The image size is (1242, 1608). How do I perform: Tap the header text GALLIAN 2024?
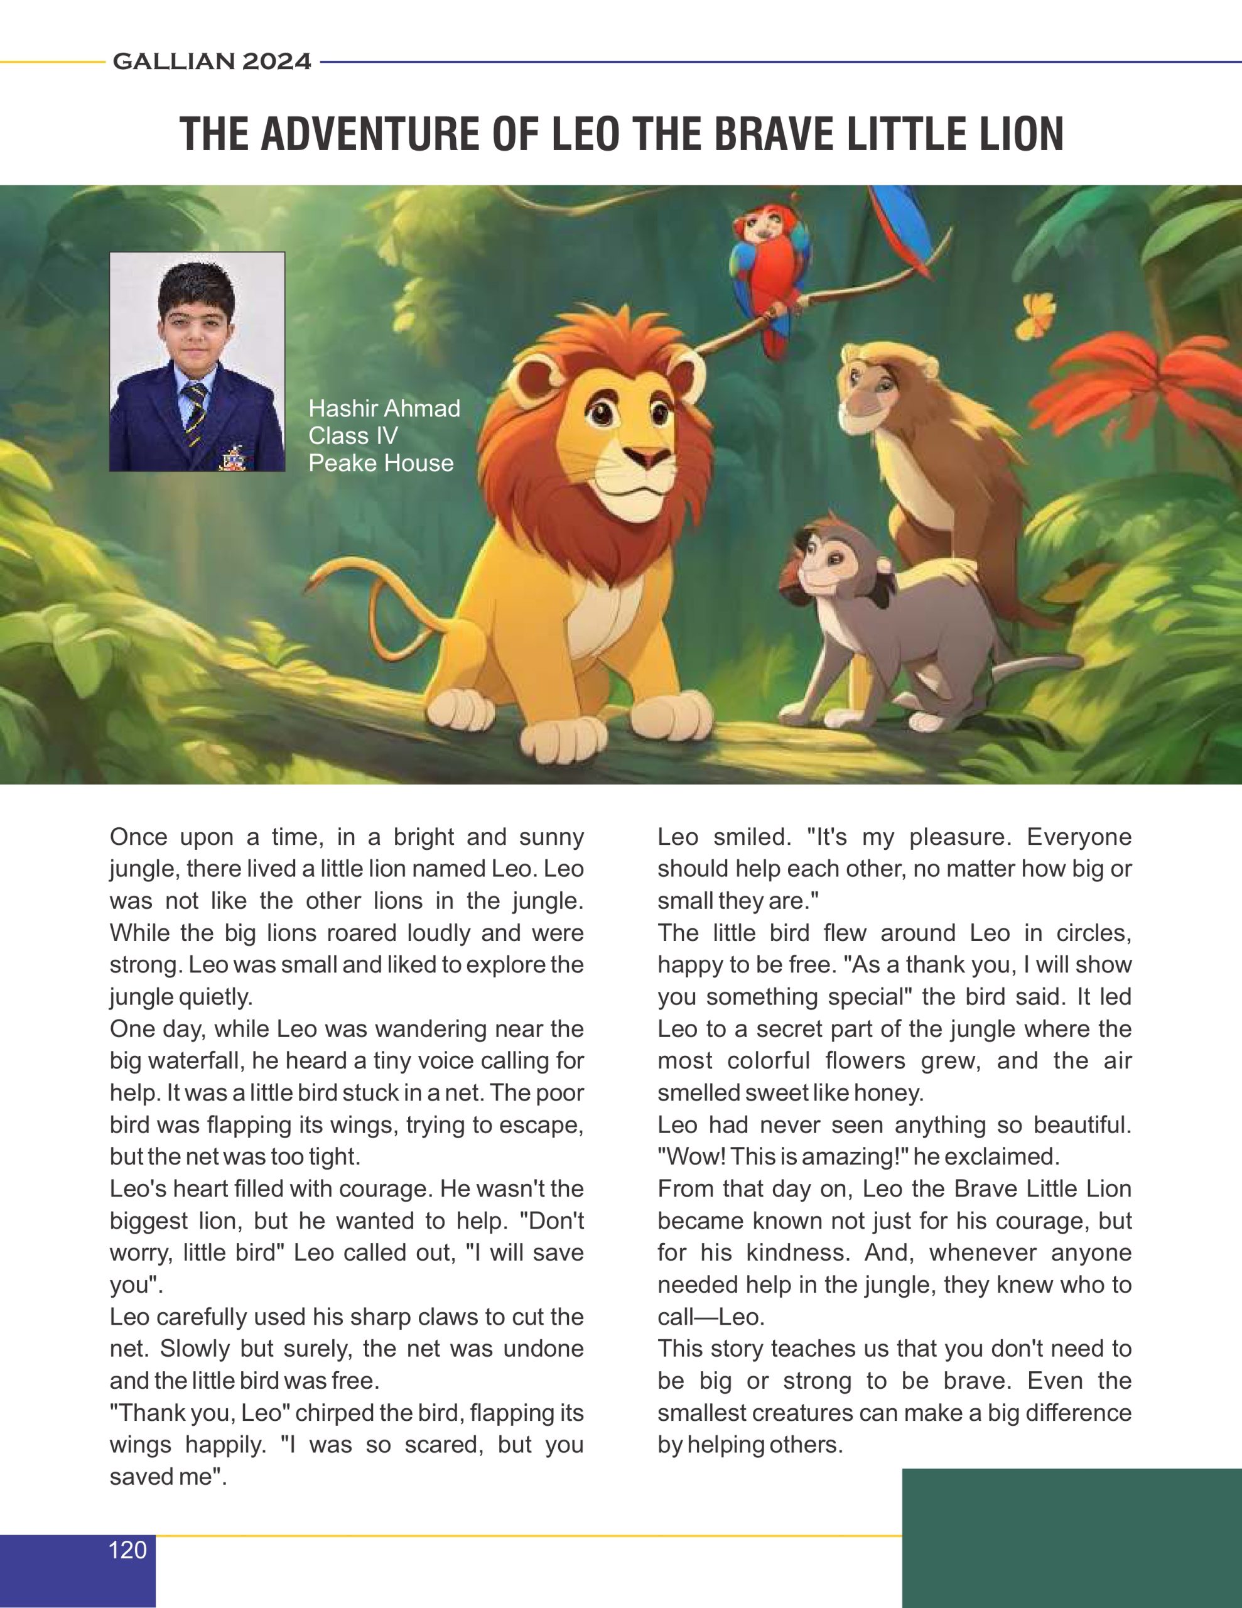(x=212, y=61)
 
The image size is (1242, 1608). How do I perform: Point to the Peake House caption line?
(x=381, y=463)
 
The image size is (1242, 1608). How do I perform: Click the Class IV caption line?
(x=353, y=436)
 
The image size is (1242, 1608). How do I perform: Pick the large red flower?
(x=1148, y=390)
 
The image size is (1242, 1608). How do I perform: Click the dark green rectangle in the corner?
(x=1071, y=1539)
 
